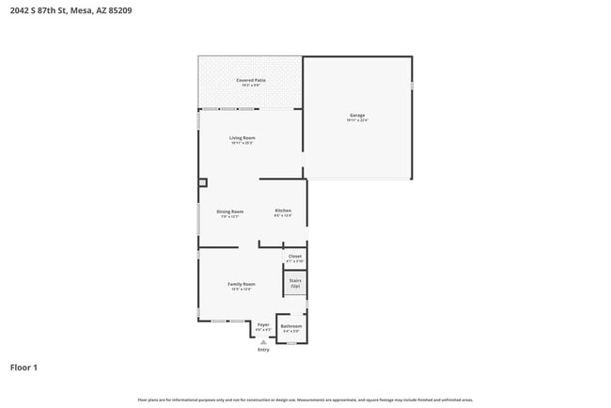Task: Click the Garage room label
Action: point(357,115)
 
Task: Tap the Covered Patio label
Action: point(249,81)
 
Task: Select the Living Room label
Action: point(243,138)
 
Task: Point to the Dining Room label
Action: point(230,212)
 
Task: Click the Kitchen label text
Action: point(283,211)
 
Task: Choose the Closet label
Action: point(295,256)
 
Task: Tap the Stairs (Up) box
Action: point(295,282)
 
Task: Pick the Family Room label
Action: point(242,284)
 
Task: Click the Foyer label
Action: point(263,324)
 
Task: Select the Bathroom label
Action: point(291,326)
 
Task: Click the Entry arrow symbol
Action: point(263,342)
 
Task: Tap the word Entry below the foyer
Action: point(263,350)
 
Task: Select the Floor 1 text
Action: point(23,367)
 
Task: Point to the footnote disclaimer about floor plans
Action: point(305,400)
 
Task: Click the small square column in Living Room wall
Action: point(202,182)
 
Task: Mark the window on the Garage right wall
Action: point(412,86)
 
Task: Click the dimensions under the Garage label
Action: point(357,120)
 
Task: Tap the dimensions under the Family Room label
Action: point(242,290)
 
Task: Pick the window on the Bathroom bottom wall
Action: point(291,343)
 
